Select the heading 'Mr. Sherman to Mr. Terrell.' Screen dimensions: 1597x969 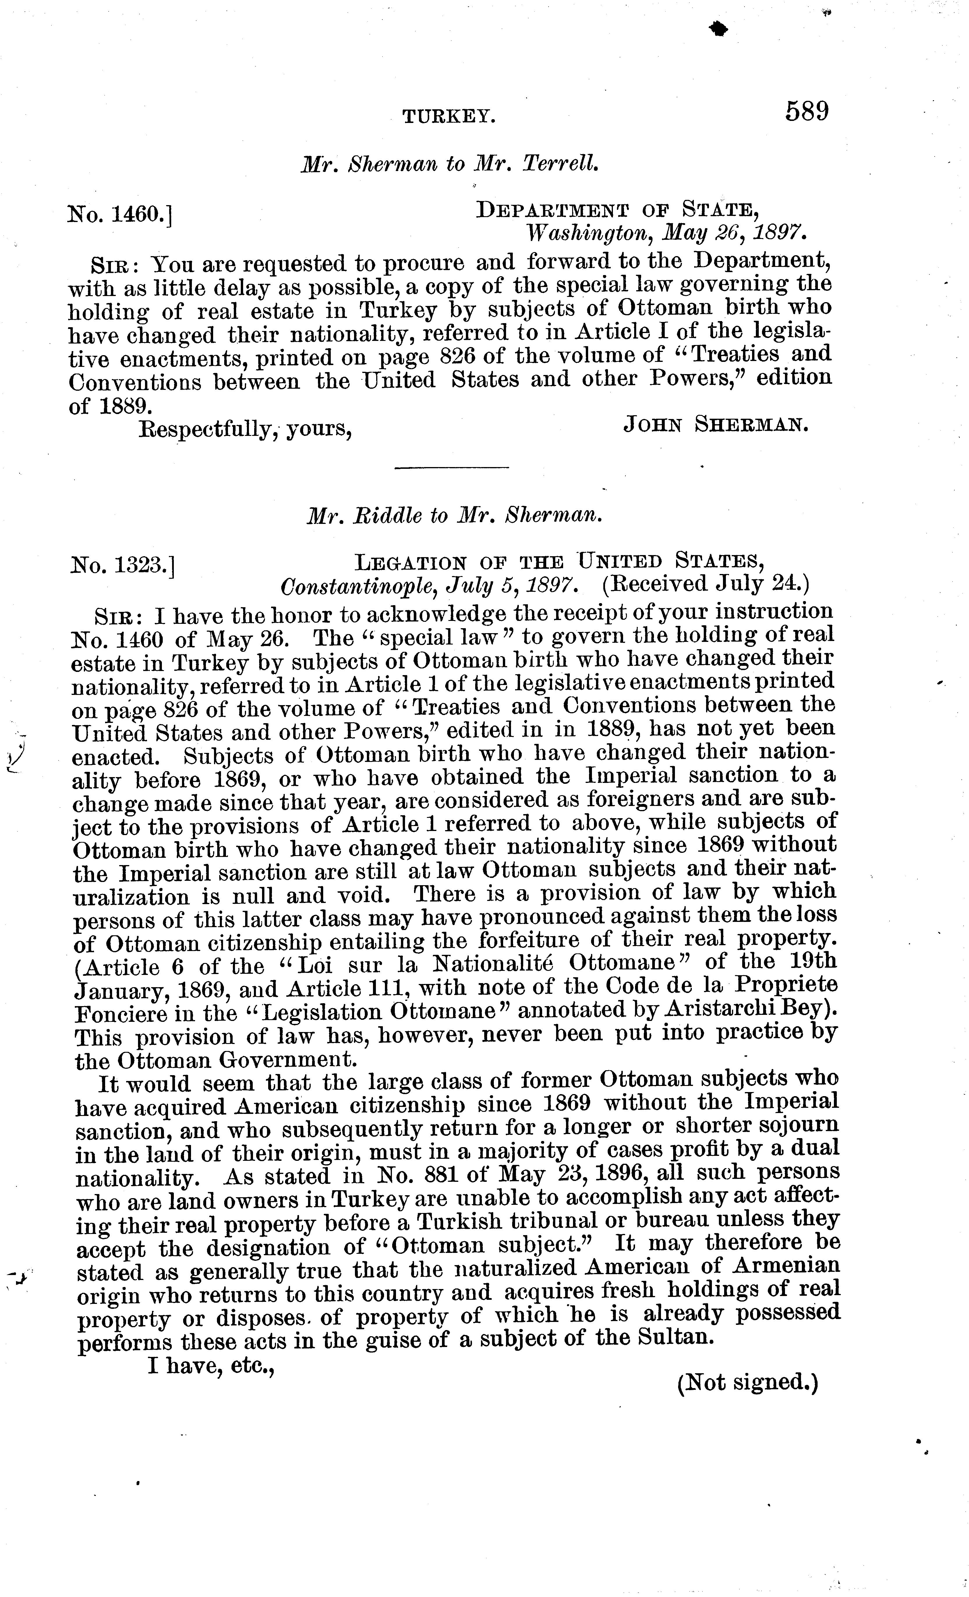[450, 164]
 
